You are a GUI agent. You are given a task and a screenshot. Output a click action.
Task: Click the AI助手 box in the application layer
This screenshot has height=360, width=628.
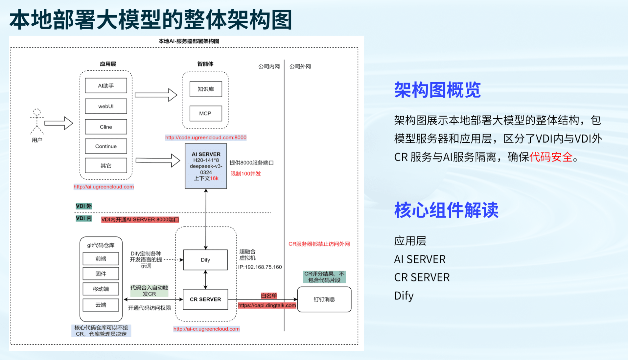[106, 85]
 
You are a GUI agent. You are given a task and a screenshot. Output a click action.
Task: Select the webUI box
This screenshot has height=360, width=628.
[106, 106]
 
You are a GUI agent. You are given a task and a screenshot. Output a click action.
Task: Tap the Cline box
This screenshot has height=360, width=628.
[106, 127]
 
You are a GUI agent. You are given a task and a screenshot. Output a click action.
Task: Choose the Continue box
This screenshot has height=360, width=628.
[106, 146]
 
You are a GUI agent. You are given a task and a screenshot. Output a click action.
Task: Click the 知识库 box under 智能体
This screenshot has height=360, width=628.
[206, 89]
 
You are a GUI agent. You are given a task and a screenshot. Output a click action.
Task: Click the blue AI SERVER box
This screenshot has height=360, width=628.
[206, 166]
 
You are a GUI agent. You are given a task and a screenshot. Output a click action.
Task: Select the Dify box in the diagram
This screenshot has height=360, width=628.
[205, 260]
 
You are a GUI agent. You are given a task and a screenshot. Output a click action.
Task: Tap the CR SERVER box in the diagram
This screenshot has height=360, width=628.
[205, 299]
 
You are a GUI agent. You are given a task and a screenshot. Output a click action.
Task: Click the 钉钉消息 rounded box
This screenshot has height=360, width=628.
[324, 299]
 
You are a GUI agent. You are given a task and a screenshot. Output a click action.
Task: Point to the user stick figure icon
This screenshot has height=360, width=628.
[37, 121]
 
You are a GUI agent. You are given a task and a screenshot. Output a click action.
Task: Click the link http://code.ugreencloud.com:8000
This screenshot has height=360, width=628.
[206, 137]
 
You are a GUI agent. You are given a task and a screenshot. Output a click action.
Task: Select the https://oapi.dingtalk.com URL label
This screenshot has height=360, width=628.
[267, 305]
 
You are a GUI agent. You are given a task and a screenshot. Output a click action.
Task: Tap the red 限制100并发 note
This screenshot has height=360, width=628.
[245, 174]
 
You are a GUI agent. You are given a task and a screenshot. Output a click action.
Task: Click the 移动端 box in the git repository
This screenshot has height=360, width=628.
[101, 289]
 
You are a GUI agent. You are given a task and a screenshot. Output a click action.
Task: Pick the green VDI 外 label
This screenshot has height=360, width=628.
[84, 206]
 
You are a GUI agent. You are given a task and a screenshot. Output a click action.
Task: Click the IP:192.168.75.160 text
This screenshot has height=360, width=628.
[260, 267]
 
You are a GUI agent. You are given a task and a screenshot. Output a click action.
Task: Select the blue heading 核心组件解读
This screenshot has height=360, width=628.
[446, 210]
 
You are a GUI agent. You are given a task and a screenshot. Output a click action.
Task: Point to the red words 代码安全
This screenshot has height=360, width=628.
[551, 157]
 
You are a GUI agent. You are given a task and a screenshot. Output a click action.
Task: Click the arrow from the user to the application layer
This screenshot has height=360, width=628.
[58, 123]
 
